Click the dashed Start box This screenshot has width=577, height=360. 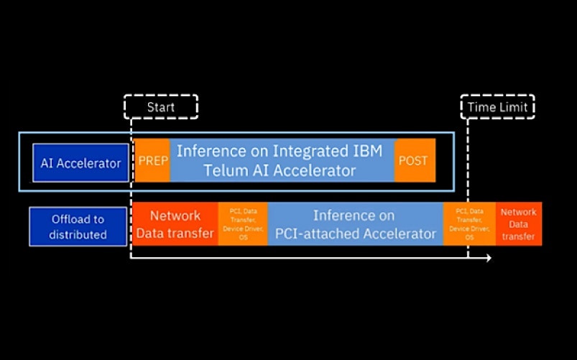coord(161,107)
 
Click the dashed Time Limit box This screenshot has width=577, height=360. coord(497,107)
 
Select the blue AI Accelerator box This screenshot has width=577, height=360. coord(80,163)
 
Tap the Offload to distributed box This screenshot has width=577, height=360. coord(78,226)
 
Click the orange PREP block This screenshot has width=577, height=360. coord(152,161)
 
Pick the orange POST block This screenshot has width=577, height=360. coord(413,161)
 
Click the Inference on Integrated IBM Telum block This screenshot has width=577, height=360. coord(282,161)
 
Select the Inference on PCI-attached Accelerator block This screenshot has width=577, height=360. coord(355,224)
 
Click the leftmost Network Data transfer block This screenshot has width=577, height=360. coord(175,224)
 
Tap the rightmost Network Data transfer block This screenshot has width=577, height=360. coord(518,224)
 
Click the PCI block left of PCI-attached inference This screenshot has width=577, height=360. coord(243,224)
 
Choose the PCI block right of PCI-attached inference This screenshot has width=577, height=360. coord(469,224)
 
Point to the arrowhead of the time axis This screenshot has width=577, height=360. coord(488,258)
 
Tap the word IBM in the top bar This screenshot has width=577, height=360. coord(368,152)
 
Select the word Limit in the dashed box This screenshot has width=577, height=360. coord(514,107)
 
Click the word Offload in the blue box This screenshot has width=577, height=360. coord(78,219)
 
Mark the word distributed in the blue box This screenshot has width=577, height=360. coord(78,235)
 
